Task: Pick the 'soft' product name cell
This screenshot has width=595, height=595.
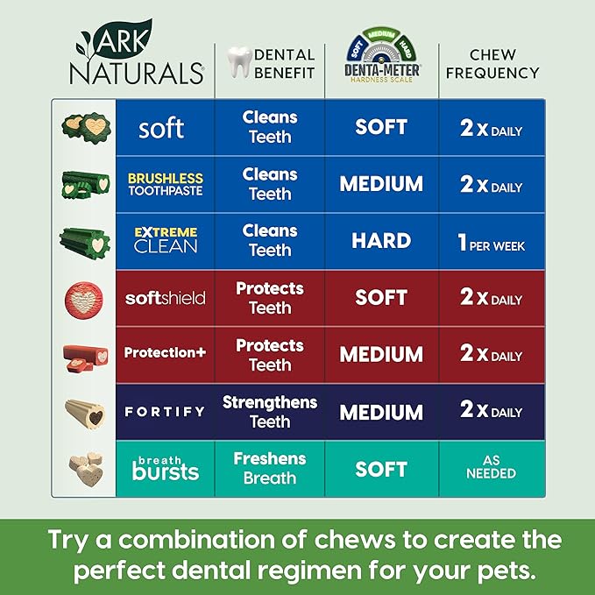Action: coord(161,128)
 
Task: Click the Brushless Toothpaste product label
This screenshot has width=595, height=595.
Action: coord(165,184)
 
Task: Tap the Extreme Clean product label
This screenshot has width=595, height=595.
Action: coord(165,240)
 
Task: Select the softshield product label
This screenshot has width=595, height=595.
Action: coord(165,298)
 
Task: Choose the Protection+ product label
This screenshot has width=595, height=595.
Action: coord(165,352)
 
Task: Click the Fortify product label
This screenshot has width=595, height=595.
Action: coord(165,411)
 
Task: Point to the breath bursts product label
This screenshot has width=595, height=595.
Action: coord(165,467)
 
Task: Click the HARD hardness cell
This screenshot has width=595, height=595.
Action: coord(381,241)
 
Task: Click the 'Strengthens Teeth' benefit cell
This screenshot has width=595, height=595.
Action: coord(270,412)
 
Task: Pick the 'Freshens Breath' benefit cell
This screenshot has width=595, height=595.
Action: coord(270,468)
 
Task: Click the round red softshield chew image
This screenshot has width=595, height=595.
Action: coord(83,298)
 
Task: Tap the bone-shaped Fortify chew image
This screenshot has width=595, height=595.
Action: coord(83,412)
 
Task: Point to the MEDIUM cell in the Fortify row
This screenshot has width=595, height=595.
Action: coord(381,412)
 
